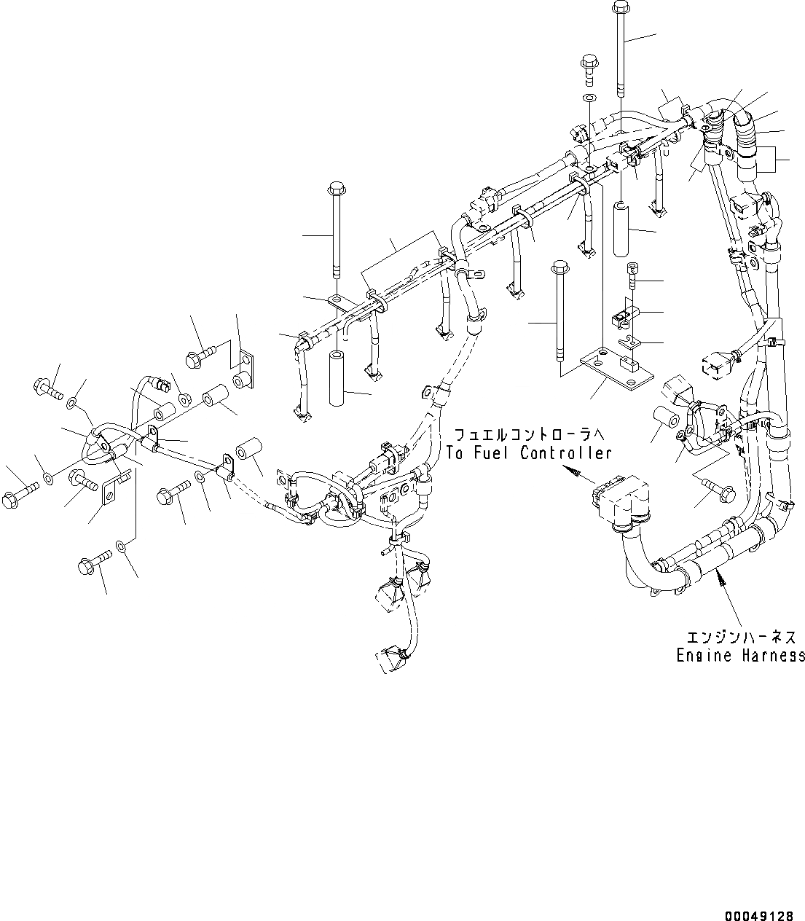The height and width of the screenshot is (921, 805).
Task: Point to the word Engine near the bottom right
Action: (x=698, y=655)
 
